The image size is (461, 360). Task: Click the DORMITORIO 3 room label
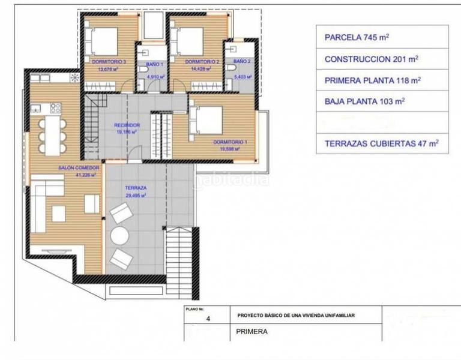[x=108, y=62]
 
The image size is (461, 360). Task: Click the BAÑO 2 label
[x=242, y=61]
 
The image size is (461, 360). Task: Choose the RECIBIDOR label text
[x=127, y=125]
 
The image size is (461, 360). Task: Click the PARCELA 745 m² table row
[x=357, y=37]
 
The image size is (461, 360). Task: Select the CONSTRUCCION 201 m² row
[x=371, y=59]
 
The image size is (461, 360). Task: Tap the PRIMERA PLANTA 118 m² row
[x=372, y=80]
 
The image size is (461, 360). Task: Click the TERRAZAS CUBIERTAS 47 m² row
[x=381, y=143]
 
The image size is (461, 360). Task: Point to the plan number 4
[x=208, y=319]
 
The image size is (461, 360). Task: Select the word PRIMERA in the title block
[x=252, y=331]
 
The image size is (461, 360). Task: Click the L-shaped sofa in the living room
[x=45, y=204]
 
